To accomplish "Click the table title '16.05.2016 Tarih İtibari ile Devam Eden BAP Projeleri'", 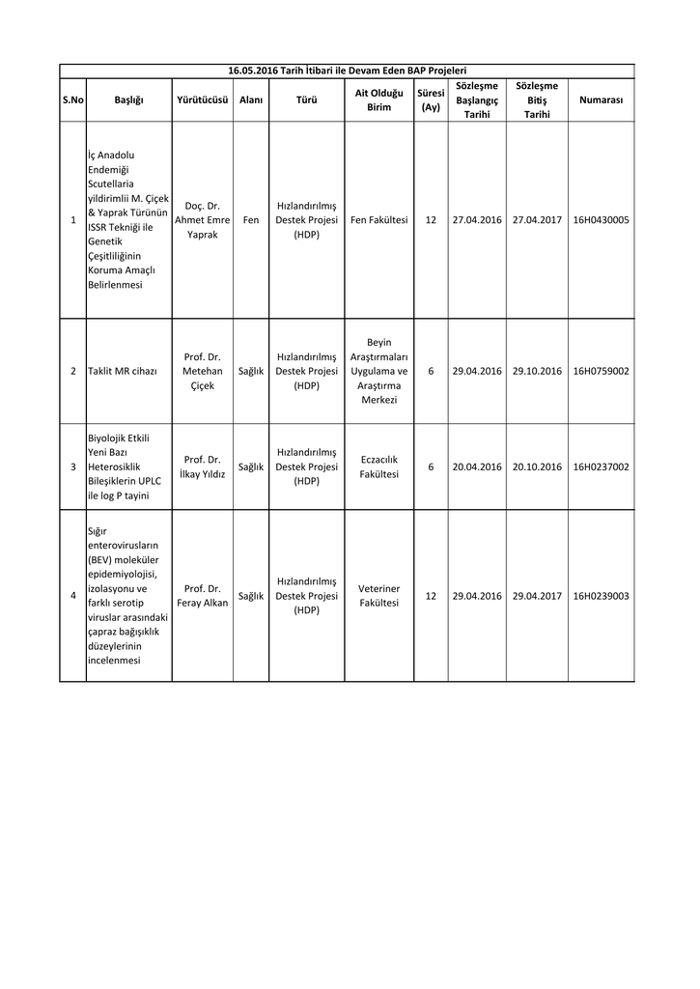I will (x=347, y=71).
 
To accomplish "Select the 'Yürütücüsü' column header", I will (x=203, y=100).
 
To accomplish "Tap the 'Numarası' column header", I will (x=601, y=100).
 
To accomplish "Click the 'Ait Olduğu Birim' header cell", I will (x=378, y=100).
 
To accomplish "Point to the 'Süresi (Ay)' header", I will (x=431, y=100).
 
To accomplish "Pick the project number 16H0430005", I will (x=601, y=220).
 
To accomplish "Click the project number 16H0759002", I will (x=601, y=371).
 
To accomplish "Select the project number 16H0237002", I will (x=601, y=466).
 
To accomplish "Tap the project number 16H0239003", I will (x=601, y=596).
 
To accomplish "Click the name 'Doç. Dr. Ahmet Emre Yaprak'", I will (x=203, y=220).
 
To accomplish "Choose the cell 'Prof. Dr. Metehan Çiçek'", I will (x=203, y=371).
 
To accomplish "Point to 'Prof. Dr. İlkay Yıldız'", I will (x=203, y=466).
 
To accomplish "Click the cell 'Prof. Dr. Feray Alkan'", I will (x=203, y=596).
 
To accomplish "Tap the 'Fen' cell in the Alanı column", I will (x=251, y=220).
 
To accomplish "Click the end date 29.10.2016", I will (x=537, y=371).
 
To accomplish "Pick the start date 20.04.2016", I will (x=477, y=466).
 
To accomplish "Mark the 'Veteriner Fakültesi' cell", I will (x=378, y=596).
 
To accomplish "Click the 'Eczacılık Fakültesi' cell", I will (x=378, y=466).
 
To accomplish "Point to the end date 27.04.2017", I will (x=537, y=220).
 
